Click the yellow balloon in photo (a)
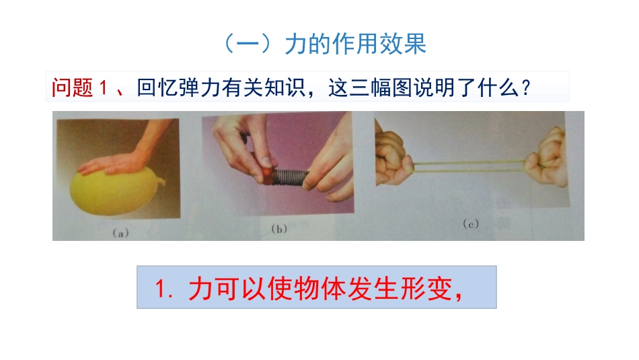(x=116, y=192)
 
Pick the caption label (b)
(x=278, y=229)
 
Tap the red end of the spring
(x=268, y=177)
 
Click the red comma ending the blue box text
(x=460, y=293)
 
